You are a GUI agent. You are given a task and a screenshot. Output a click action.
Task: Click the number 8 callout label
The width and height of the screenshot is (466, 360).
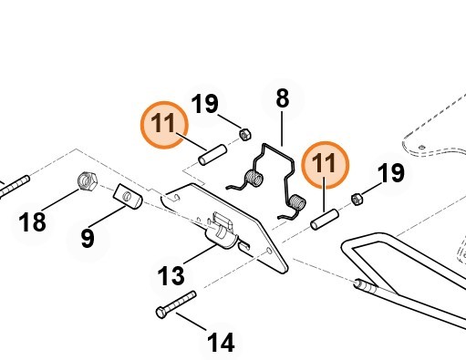tap(283, 98)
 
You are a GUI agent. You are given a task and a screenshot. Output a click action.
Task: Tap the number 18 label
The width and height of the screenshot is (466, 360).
tap(32, 222)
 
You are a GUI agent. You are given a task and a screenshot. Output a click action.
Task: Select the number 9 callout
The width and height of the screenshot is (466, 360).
tap(88, 239)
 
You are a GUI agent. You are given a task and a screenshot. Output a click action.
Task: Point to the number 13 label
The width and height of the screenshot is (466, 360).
tap(171, 275)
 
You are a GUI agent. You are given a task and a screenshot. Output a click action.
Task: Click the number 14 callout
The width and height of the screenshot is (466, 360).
tap(221, 342)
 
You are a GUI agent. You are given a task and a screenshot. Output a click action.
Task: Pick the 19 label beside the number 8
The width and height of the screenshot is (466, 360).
tap(204, 104)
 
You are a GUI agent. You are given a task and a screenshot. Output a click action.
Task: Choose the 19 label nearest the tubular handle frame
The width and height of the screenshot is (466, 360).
tap(391, 173)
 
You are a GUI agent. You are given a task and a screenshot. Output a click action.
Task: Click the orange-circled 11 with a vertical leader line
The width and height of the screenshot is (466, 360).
tap(325, 165)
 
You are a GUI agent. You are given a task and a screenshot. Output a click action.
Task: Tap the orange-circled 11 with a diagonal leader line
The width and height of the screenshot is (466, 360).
tap(164, 125)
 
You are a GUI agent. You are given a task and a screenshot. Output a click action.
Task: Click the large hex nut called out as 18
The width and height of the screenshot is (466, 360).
tap(88, 180)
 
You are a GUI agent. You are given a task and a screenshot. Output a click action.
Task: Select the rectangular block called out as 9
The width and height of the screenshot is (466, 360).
tap(128, 196)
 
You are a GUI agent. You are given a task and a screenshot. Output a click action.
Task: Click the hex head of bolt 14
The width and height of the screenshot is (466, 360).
tap(161, 313)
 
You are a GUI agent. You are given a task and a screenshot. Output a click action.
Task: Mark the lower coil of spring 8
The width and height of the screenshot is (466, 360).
tap(296, 202)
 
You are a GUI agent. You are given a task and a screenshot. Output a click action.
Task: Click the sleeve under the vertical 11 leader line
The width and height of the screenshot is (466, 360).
tap(325, 220)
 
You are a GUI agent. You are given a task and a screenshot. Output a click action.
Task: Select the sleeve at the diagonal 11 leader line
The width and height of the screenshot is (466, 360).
tap(212, 155)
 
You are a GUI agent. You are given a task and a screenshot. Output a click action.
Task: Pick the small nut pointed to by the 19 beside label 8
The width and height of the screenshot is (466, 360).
tap(245, 134)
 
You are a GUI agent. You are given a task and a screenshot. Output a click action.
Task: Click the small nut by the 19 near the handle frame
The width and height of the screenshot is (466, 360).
tap(357, 199)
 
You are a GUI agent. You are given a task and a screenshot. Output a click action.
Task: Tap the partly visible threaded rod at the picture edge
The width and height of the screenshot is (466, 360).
tap(15, 186)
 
